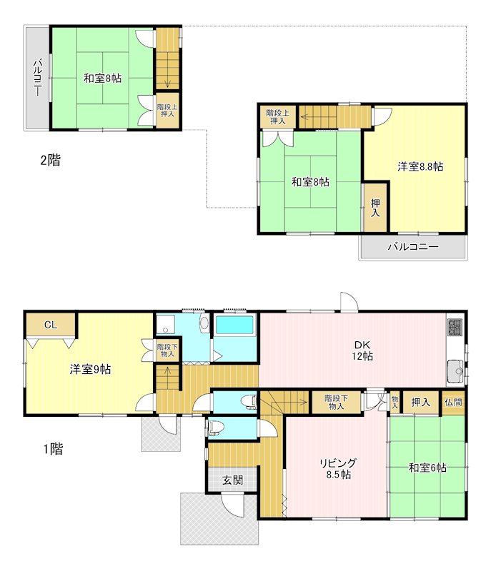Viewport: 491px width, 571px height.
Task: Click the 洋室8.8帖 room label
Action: (x=420, y=167)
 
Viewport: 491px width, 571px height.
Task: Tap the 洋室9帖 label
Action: (x=90, y=369)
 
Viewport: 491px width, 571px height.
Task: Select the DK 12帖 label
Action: (x=362, y=350)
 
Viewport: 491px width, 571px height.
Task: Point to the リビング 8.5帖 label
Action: (x=338, y=468)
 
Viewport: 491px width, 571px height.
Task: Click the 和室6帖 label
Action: (x=427, y=468)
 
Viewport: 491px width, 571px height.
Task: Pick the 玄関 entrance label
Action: (x=232, y=480)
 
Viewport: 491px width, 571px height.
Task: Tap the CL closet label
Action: (x=51, y=325)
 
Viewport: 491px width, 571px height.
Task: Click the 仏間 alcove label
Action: (x=453, y=402)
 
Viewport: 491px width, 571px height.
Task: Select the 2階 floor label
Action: (x=50, y=160)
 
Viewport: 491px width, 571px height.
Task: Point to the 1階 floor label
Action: (x=53, y=449)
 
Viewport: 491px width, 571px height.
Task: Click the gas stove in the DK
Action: (x=455, y=327)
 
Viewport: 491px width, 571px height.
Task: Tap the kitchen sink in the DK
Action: (x=455, y=371)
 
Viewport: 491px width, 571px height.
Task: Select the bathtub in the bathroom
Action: (x=234, y=325)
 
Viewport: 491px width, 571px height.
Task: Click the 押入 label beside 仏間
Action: (x=421, y=403)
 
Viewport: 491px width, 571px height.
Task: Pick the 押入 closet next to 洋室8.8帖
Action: (x=375, y=208)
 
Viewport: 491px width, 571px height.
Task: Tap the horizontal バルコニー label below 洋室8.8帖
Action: (x=413, y=247)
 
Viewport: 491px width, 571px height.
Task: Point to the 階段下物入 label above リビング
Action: (x=336, y=402)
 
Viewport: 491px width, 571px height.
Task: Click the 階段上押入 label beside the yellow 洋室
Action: (x=278, y=116)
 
